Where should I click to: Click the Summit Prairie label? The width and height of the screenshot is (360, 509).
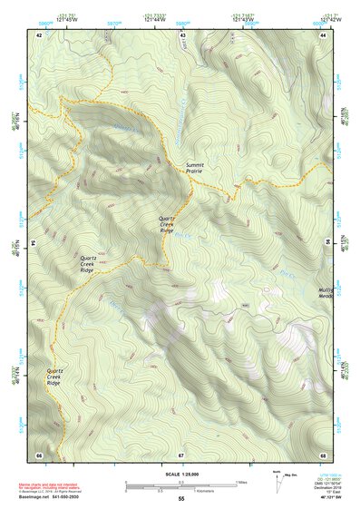coord(195,168)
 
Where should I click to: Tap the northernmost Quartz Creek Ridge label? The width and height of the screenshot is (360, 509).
coord(167,224)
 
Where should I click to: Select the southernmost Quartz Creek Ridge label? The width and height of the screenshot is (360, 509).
coord(54,377)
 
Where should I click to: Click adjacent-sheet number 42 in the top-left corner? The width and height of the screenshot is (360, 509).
coord(39,34)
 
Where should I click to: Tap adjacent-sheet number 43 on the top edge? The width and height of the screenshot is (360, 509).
coord(182,34)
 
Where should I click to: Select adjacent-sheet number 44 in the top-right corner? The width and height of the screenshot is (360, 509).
coord(324,34)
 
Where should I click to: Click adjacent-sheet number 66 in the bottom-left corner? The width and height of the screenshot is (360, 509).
coord(39,454)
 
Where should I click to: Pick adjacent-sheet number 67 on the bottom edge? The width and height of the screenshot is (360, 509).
coord(181,454)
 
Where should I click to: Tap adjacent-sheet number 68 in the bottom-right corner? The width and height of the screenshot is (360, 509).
coord(324,454)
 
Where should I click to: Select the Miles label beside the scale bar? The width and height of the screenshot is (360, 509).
coord(241,482)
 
